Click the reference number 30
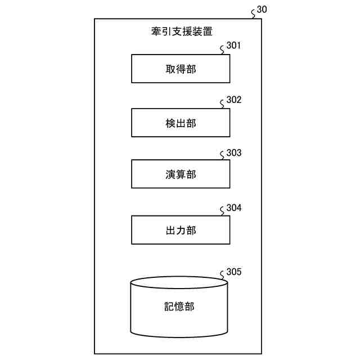pos(262,10)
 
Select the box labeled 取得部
pos(181,69)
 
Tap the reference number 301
pos(233,46)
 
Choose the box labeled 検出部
pos(181,123)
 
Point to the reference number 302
pos(233,100)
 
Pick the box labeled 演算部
pos(181,174)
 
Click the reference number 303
pos(233,153)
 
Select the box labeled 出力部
pos(181,230)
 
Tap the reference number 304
pos(233,208)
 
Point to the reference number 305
pos(233,272)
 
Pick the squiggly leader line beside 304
pos(222,212)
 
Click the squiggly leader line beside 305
pos(222,276)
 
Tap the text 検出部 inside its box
pos(181,123)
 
